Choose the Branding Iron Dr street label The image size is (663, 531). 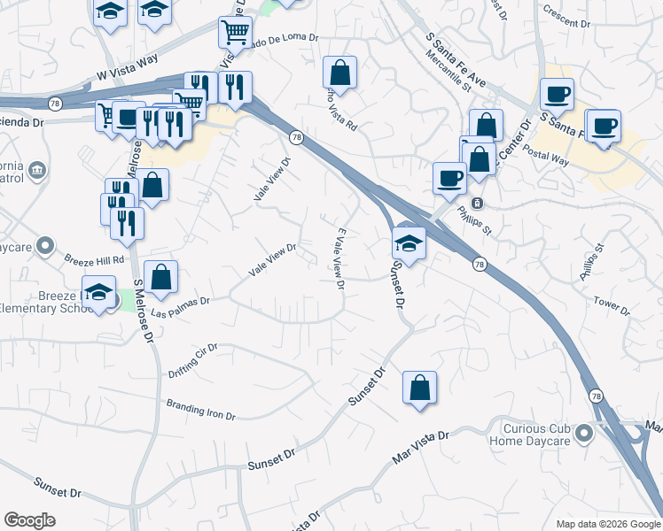point(200,410)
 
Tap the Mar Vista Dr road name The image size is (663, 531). point(420,448)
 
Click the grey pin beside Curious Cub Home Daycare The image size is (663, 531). point(583,433)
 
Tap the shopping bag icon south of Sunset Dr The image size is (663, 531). point(419,388)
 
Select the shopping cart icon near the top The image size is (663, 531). point(235,33)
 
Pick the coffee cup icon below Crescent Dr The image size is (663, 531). point(557,94)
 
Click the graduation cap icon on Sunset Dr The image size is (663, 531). point(409,242)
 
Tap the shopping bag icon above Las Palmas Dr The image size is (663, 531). point(160,276)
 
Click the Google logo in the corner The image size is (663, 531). point(29,520)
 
